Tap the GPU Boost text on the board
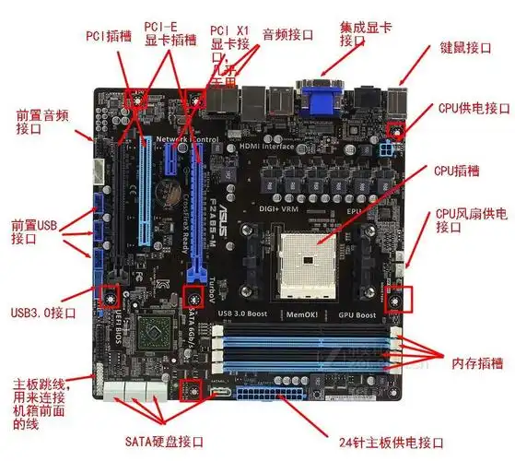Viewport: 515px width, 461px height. click(357, 314)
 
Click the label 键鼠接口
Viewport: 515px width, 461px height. click(466, 47)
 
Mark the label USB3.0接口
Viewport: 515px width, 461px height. click(45, 311)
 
